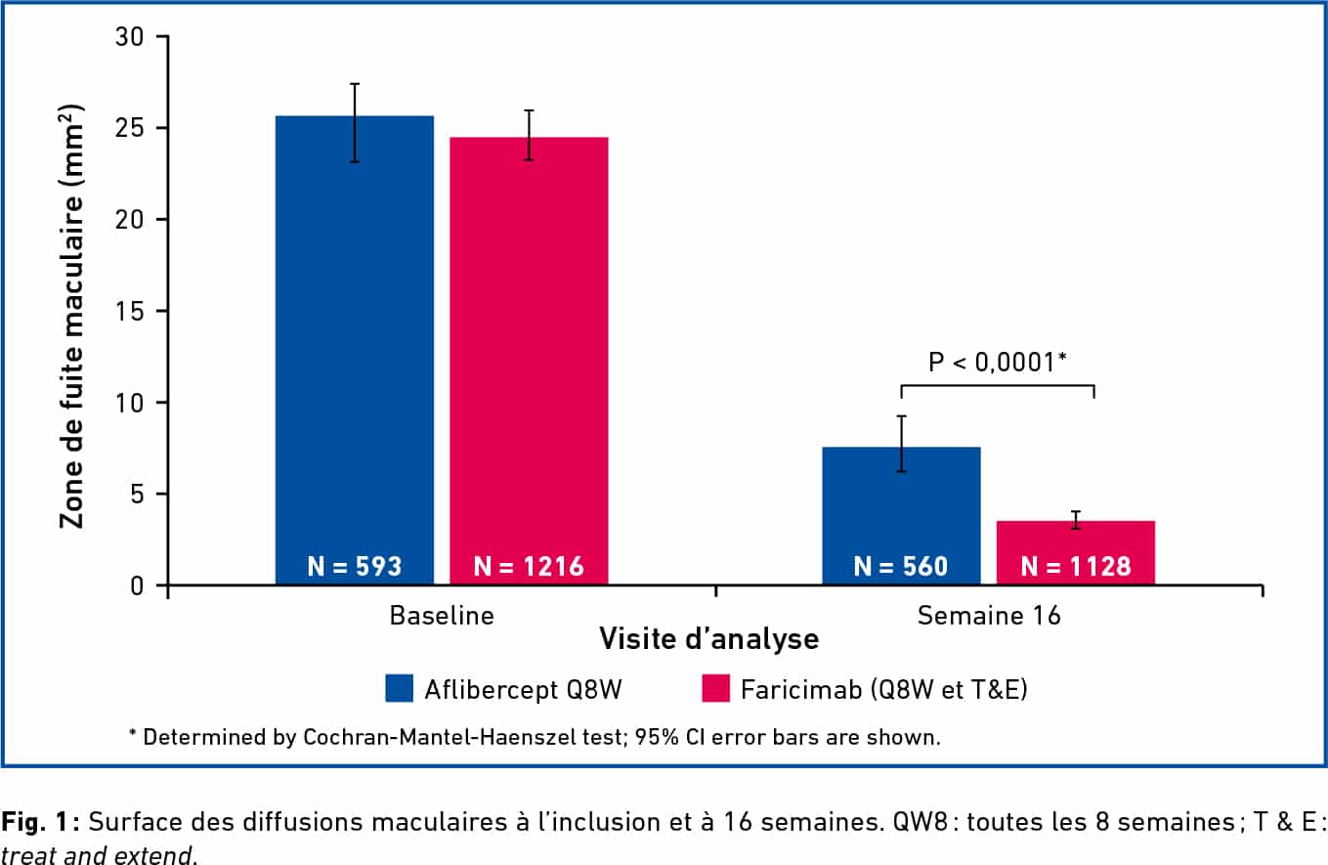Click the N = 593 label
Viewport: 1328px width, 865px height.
[x=355, y=566]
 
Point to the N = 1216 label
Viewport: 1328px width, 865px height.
[x=529, y=566]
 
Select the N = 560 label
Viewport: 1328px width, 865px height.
[x=901, y=566]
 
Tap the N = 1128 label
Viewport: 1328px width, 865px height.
[x=1075, y=566]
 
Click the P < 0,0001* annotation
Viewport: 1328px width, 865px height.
[x=996, y=363]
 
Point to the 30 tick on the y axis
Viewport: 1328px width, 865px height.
[x=130, y=37]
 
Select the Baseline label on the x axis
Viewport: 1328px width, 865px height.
[x=442, y=616]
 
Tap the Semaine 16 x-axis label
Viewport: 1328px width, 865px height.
[x=988, y=616]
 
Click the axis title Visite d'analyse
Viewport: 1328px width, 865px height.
[x=708, y=640]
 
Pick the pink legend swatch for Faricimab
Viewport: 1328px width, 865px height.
[x=716, y=689]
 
